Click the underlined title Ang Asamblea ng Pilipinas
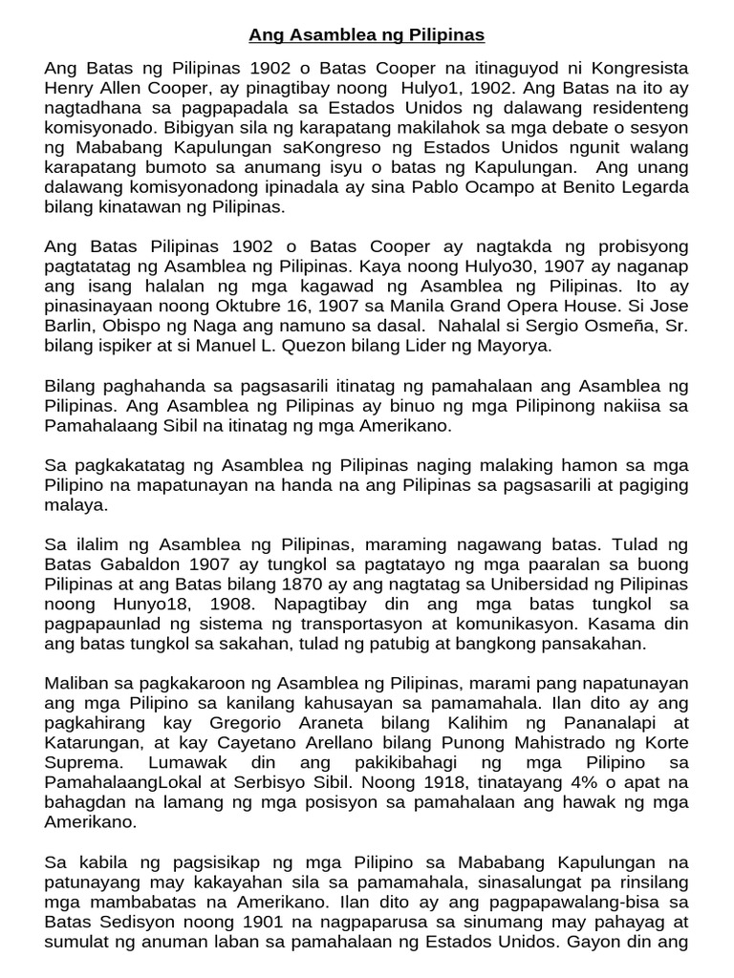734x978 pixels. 367,35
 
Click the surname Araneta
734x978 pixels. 321,726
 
